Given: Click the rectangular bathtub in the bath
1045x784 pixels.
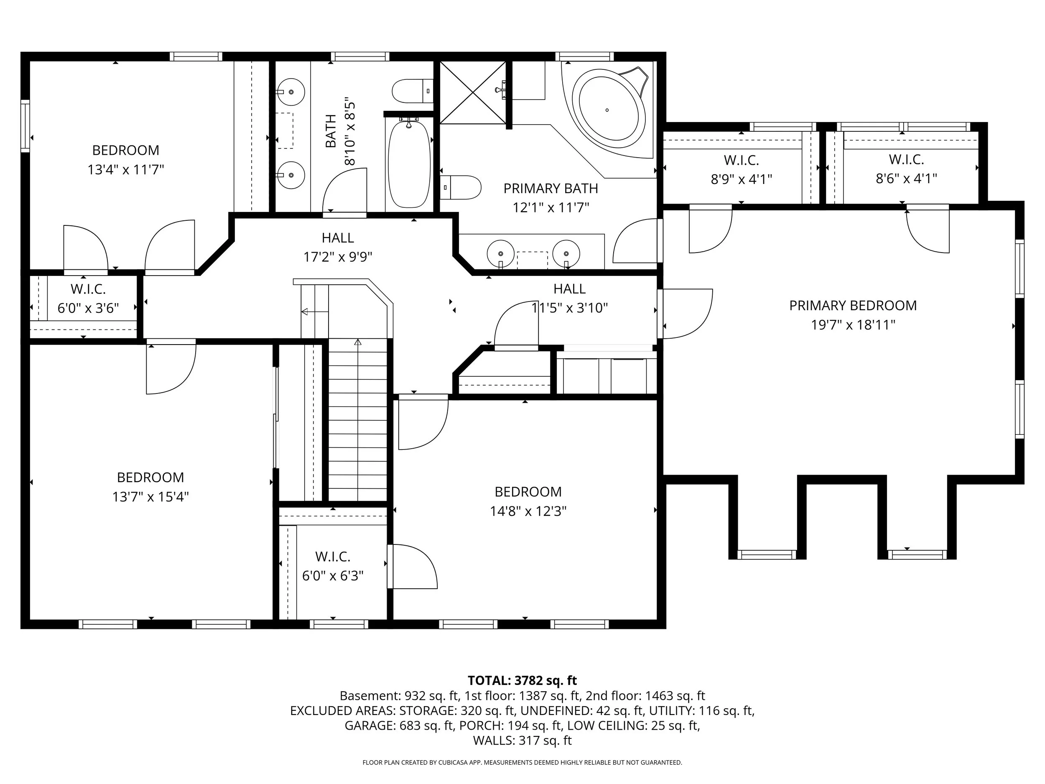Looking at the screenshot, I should [409, 163].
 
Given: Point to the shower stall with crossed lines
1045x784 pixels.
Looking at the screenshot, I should [472, 92].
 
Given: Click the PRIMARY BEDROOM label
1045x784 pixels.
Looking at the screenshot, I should [853, 306].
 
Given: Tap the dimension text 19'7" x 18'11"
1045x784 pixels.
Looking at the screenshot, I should [853, 325].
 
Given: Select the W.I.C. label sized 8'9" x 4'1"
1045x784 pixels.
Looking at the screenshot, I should [741, 161].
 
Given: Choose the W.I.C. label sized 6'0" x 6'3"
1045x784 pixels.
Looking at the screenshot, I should [333, 557].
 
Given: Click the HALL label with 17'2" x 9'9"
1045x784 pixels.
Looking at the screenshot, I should [338, 237].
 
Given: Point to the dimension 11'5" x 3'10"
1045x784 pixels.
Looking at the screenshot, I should [569, 308].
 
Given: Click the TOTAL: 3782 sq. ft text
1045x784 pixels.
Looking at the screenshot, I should [522, 680].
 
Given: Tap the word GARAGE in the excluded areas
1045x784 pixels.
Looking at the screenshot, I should [370, 725].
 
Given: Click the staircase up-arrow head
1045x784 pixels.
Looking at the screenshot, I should [358, 342].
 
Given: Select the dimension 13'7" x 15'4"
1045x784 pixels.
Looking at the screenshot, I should [150, 497].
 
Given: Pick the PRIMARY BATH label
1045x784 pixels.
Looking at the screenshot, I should [551, 189].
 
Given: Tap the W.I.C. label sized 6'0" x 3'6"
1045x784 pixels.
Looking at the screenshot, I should [88, 289].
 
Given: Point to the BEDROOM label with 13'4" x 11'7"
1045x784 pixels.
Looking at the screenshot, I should [125, 150].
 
